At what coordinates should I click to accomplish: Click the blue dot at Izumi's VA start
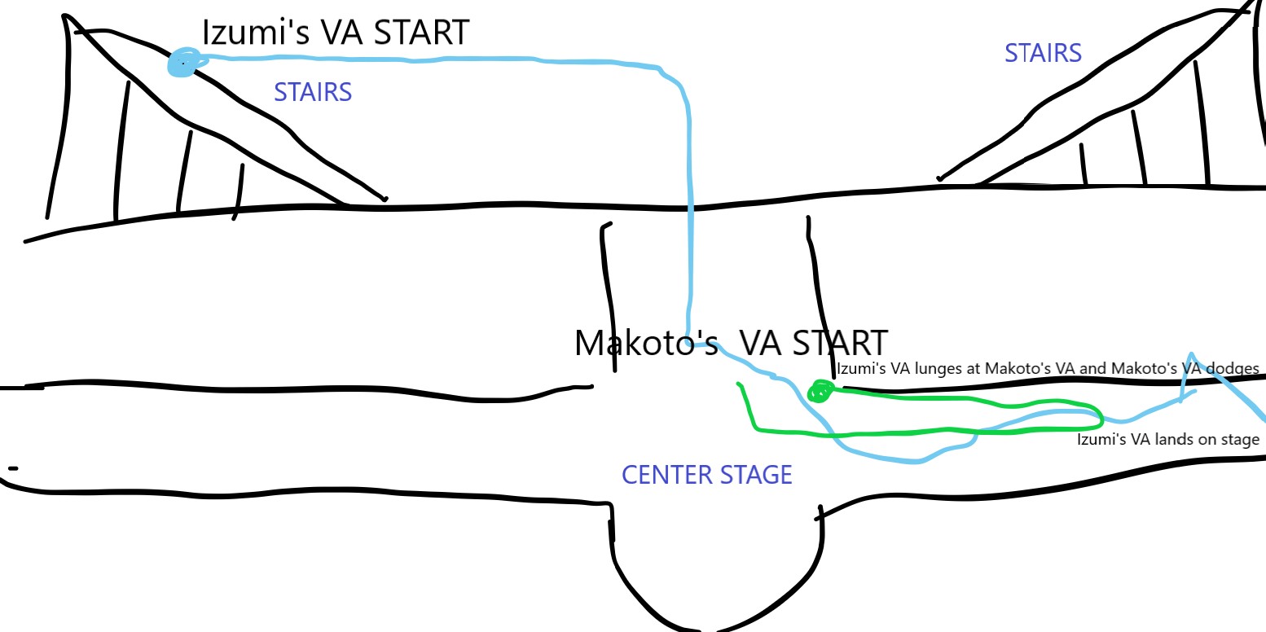[x=182, y=63]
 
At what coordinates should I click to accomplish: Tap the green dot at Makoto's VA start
[x=819, y=393]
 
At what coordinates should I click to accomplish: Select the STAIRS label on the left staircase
[x=313, y=92]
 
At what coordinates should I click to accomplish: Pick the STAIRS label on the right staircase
[x=1043, y=53]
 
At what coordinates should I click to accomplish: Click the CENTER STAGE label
[x=706, y=475]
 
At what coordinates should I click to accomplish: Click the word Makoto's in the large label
[x=646, y=343]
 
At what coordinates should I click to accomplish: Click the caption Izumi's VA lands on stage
[x=1167, y=440]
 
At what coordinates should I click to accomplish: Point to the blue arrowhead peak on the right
[x=1191, y=354]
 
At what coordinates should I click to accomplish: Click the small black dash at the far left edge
[x=13, y=468]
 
